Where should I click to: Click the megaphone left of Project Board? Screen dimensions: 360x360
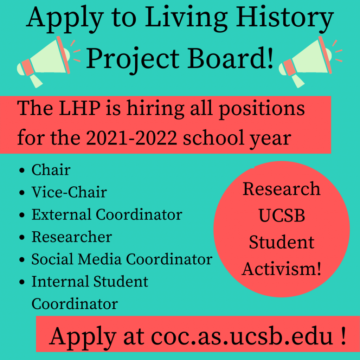46,61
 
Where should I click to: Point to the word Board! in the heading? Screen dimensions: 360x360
231,58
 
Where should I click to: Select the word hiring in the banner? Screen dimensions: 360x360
155,109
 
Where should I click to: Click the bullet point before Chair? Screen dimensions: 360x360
22,171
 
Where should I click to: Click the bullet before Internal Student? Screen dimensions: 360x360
22,282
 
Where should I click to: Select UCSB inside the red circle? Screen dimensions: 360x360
282,216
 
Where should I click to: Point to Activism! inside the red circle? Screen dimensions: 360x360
282,269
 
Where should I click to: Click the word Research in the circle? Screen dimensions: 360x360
282,189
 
